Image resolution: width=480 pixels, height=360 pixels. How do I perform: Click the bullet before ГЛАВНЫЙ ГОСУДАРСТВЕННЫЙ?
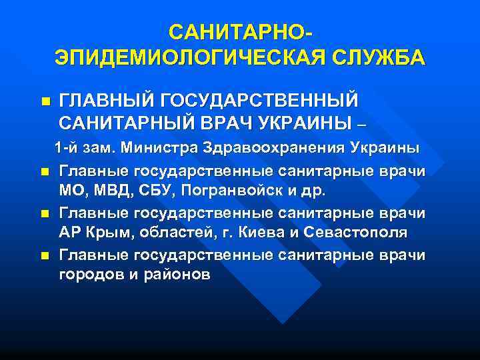(45, 102)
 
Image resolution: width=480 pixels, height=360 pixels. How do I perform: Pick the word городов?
(89, 275)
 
